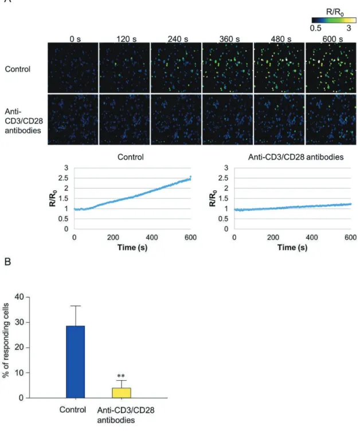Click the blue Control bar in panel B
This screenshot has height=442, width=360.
click(75, 362)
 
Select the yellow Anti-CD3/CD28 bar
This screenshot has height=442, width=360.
click(122, 393)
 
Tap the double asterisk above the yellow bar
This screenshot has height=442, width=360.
click(121, 375)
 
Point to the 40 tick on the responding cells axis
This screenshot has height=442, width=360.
click(19, 297)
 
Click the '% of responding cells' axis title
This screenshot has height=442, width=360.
click(6, 340)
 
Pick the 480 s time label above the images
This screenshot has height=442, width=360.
click(281, 39)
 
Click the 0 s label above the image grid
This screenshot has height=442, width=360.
click(75, 39)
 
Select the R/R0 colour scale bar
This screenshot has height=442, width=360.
click(334, 20)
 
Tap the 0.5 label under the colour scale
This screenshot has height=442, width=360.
click(315, 28)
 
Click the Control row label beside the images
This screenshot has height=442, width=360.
click(17, 69)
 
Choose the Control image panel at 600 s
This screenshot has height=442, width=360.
click(331, 68)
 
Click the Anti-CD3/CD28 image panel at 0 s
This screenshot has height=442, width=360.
click(73, 119)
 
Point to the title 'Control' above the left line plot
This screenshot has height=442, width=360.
click(131, 157)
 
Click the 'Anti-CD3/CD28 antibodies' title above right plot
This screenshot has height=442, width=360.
click(296, 157)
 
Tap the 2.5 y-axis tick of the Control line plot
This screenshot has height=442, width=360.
click(64, 178)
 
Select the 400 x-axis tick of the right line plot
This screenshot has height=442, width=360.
click(312, 237)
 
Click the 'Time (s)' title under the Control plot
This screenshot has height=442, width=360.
click(132, 248)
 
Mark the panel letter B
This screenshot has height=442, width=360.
click(7, 262)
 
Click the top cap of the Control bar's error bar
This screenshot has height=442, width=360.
click(76, 306)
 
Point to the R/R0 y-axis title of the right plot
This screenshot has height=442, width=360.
click(213, 198)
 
